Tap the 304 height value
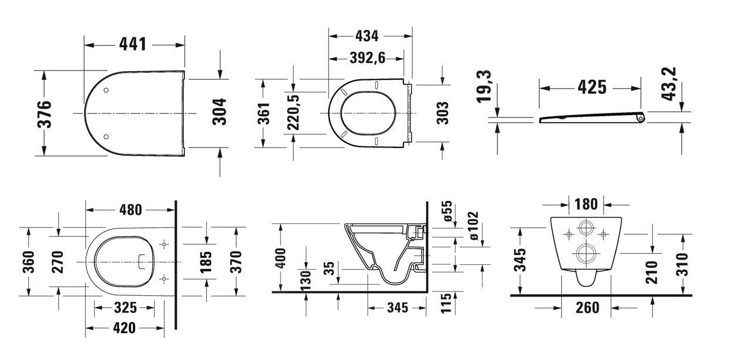218,111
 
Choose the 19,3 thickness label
484,86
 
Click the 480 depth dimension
130,210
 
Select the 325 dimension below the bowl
125,307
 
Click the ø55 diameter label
447,211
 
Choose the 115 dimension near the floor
447,303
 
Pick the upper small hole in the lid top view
106,90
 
